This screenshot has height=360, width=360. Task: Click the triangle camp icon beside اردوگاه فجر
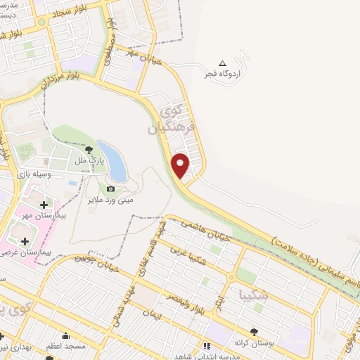pyautogui.click(x=224, y=63)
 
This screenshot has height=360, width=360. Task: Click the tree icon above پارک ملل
pyautogui.click(x=89, y=150)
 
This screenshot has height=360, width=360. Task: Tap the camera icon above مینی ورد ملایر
pyautogui.click(x=110, y=188)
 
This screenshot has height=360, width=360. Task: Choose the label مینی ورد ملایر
pyautogui.click(x=110, y=200)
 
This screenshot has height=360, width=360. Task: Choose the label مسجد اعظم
pyautogui.click(x=66, y=347)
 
